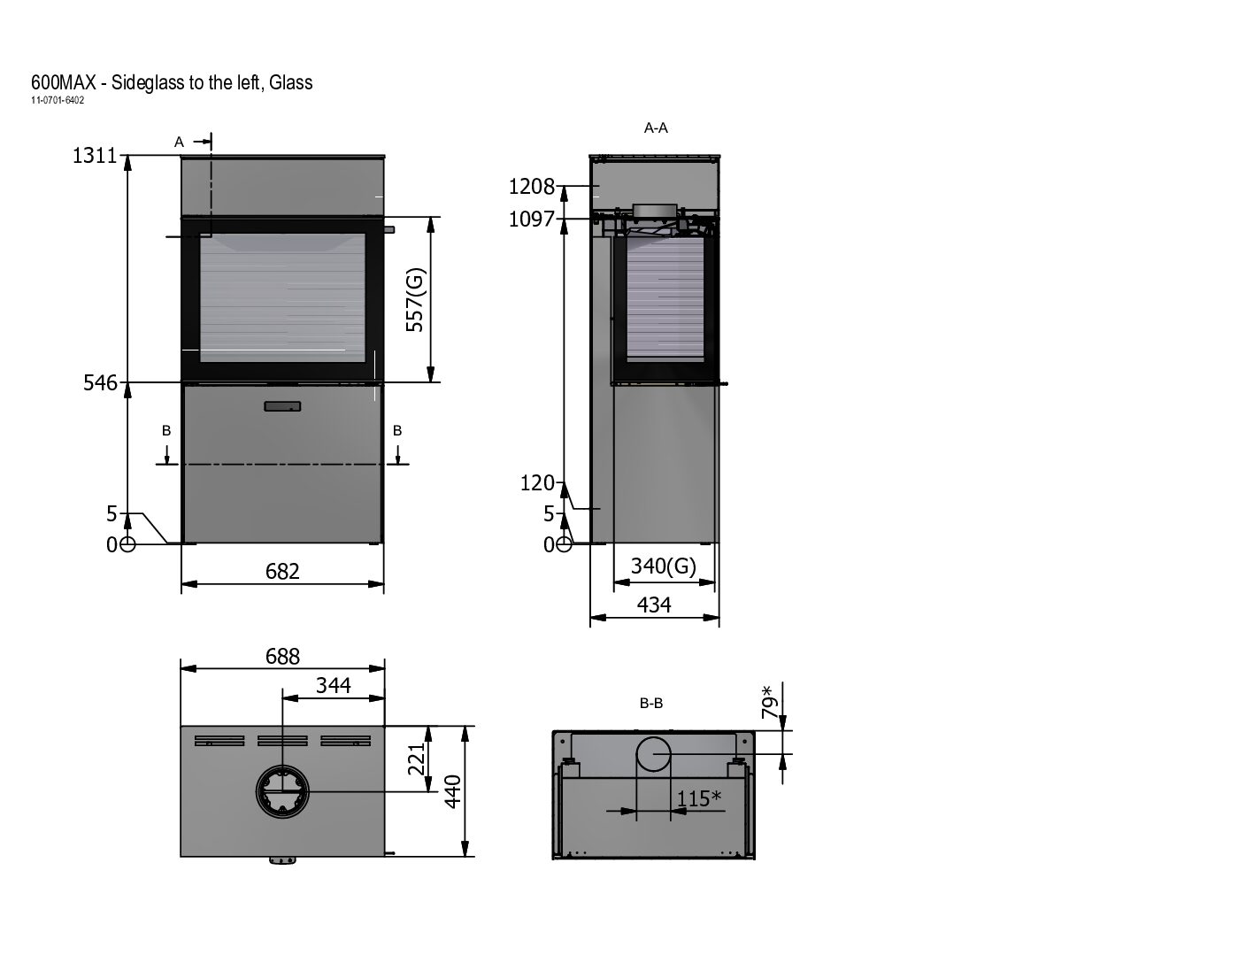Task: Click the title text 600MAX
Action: point(64,82)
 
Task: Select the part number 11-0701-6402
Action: point(58,100)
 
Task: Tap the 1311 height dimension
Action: point(95,156)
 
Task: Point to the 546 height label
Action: point(100,382)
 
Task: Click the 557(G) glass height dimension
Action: point(414,300)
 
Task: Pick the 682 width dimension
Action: point(282,571)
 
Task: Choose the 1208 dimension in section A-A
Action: point(532,187)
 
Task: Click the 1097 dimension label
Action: point(532,220)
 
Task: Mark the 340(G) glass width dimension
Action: point(664,566)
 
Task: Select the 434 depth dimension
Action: point(654,605)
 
